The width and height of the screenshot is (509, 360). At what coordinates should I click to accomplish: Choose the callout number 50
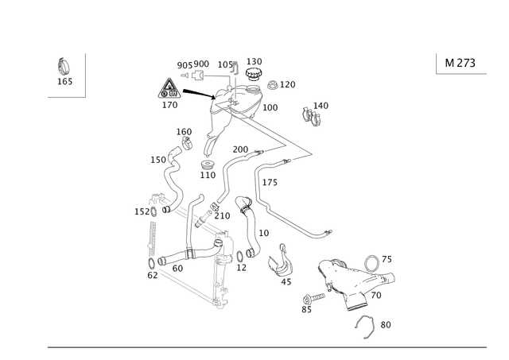386,324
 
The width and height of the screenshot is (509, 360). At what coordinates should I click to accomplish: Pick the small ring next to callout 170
271,83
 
